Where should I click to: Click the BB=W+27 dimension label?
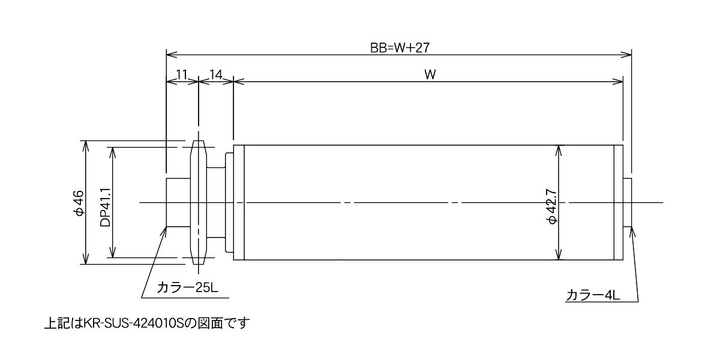point(400,48)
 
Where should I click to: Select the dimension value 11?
point(182,75)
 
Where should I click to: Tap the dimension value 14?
point(216,75)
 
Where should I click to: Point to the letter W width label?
point(430,75)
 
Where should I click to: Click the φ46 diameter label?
point(79,203)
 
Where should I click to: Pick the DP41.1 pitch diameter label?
point(106,208)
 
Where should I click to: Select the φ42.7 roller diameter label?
point(552,206)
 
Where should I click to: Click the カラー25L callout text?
point(187,287)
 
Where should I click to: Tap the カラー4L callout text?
point(593,295)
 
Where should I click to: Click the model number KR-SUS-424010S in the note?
point(133,323)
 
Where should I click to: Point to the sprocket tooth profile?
point(199,203)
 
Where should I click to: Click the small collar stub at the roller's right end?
point(628,203)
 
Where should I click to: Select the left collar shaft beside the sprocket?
point(178,203)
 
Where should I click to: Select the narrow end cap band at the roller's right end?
point(619,203)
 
